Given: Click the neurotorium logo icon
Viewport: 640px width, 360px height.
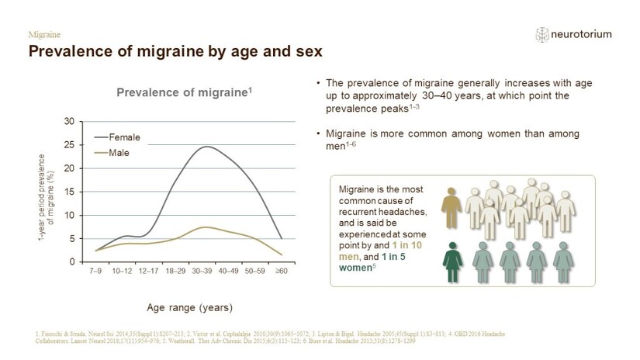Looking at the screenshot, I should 543,34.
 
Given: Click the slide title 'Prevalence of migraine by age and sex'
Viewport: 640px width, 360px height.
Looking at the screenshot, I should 175,52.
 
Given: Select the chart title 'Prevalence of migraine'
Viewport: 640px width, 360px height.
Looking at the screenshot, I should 185,93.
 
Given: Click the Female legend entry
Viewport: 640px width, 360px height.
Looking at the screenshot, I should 123,137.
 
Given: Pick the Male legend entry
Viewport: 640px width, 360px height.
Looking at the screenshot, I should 119,153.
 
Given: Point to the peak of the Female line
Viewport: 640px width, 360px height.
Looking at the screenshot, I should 206,147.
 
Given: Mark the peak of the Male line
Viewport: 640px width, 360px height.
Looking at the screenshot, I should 203,227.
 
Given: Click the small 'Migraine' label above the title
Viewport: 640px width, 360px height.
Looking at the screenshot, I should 44,35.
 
